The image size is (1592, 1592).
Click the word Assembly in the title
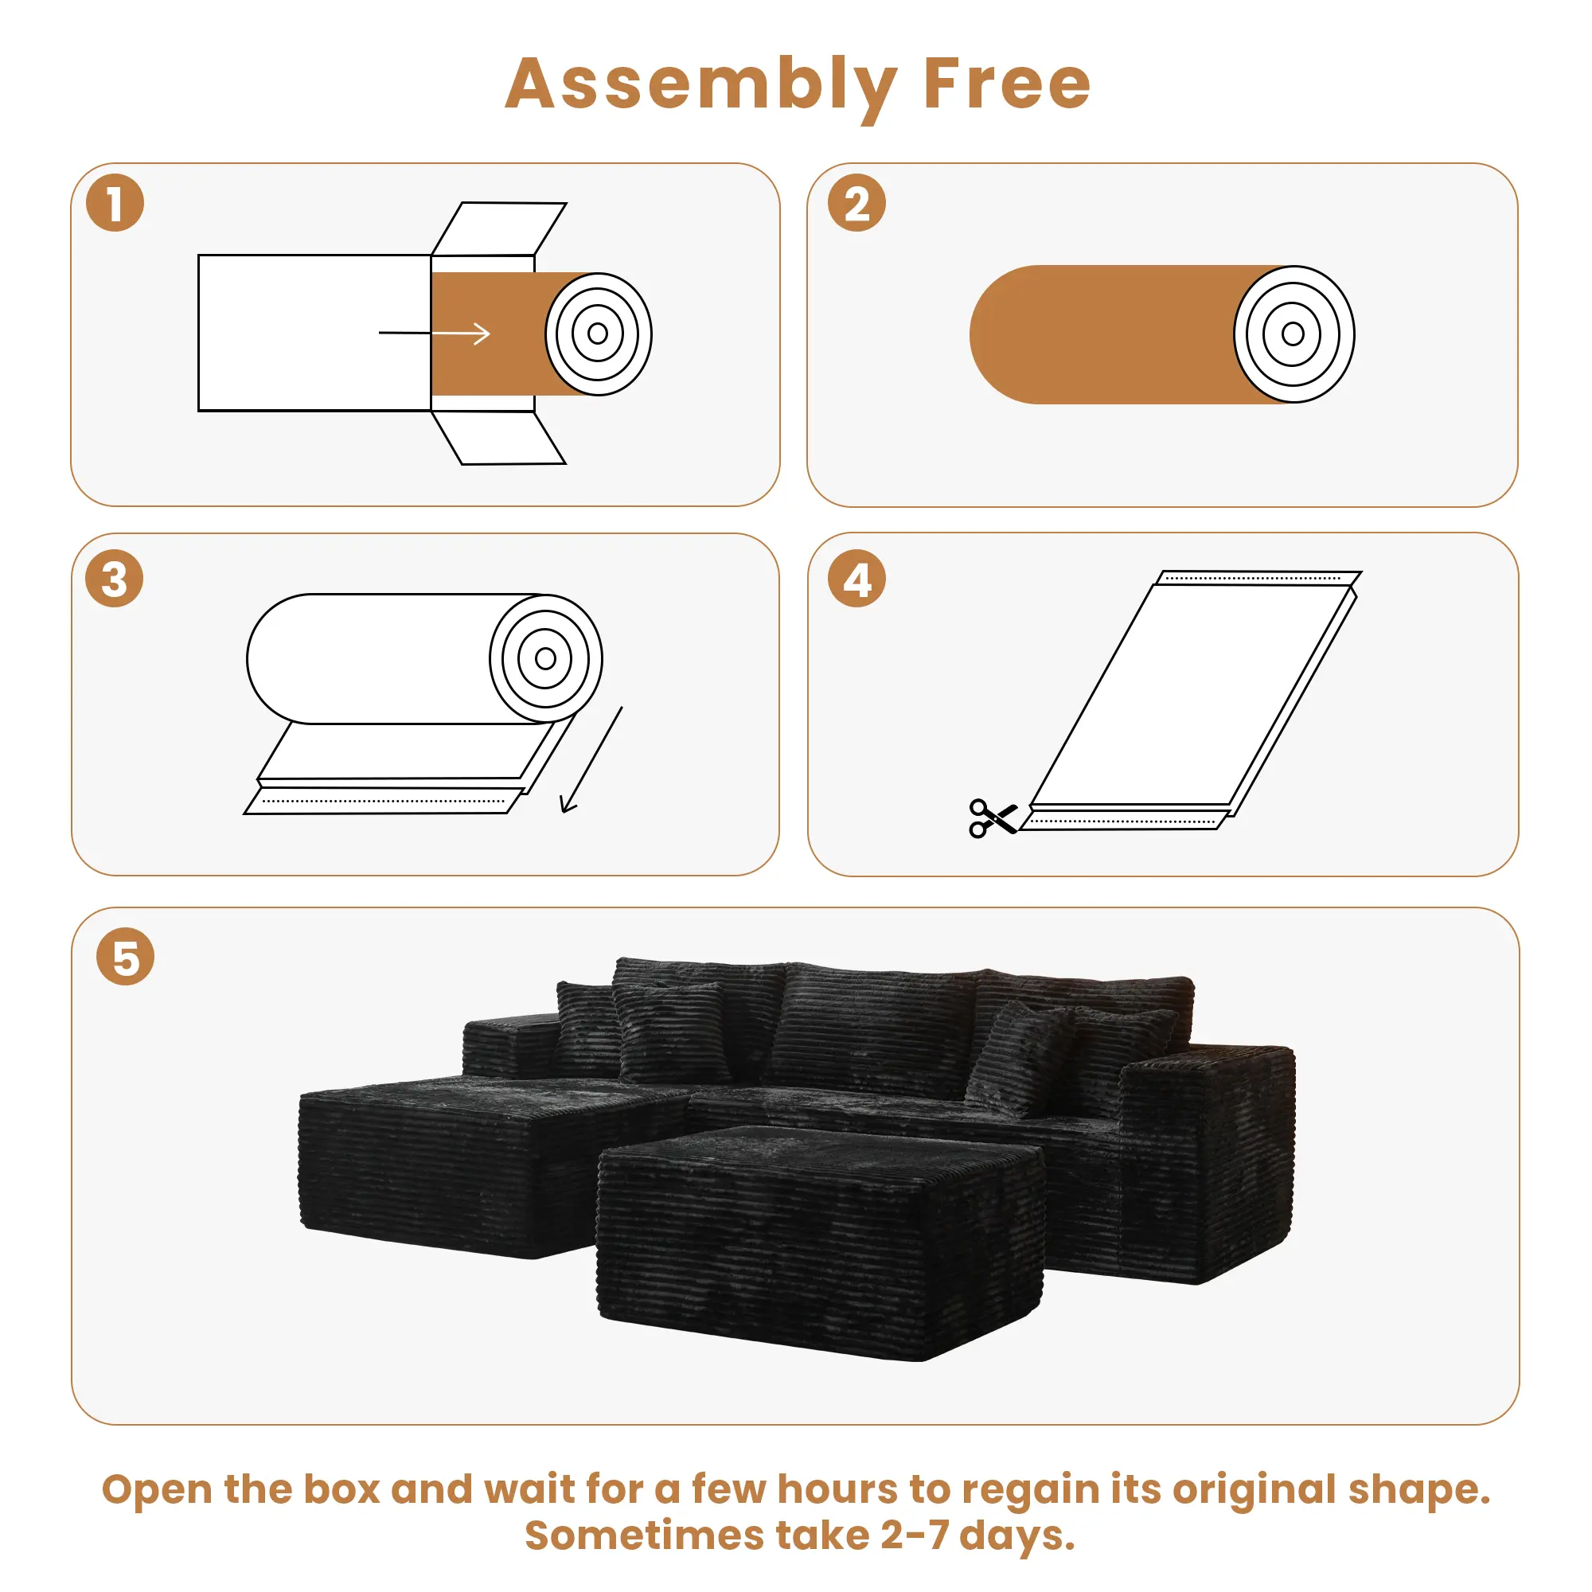700,85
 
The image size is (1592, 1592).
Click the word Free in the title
1006,85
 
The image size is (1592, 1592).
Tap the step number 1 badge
115,203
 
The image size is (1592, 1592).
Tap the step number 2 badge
856,203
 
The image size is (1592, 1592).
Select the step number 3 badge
115,579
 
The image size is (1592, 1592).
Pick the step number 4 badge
856,579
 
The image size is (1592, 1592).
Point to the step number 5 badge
125,957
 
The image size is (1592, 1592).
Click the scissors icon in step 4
991,818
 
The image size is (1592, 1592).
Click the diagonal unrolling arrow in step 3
591,759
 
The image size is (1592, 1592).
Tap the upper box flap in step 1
499,228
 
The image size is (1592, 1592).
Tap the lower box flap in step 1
499,439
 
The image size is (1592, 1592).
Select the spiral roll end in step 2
1293,334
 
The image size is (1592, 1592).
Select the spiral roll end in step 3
545,658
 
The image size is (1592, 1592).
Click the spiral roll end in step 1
599,334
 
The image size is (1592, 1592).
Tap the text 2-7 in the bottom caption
914,1536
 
